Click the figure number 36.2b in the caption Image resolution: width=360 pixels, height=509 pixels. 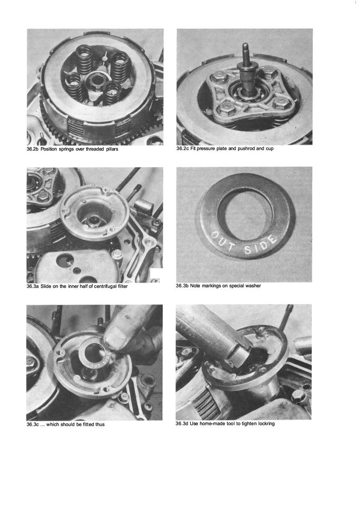[x=33, y=149]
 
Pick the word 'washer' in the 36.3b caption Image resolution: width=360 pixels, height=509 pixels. [x=253, y=286]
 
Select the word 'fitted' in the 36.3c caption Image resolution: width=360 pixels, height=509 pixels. [x=87, y=424]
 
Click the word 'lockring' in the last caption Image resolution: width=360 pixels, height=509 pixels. [x=266, y=424]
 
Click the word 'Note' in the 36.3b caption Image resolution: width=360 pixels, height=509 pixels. [x=195, y=286]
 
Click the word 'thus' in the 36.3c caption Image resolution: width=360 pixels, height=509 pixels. [x=100, y=424]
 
